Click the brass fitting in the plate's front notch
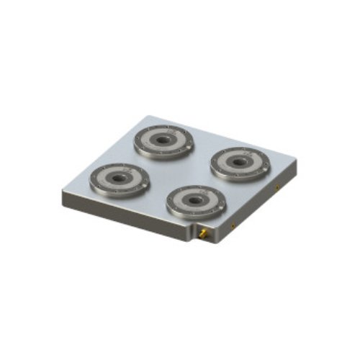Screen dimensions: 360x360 204,234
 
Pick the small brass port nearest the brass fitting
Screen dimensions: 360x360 233,225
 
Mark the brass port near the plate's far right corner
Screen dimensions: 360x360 277,188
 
